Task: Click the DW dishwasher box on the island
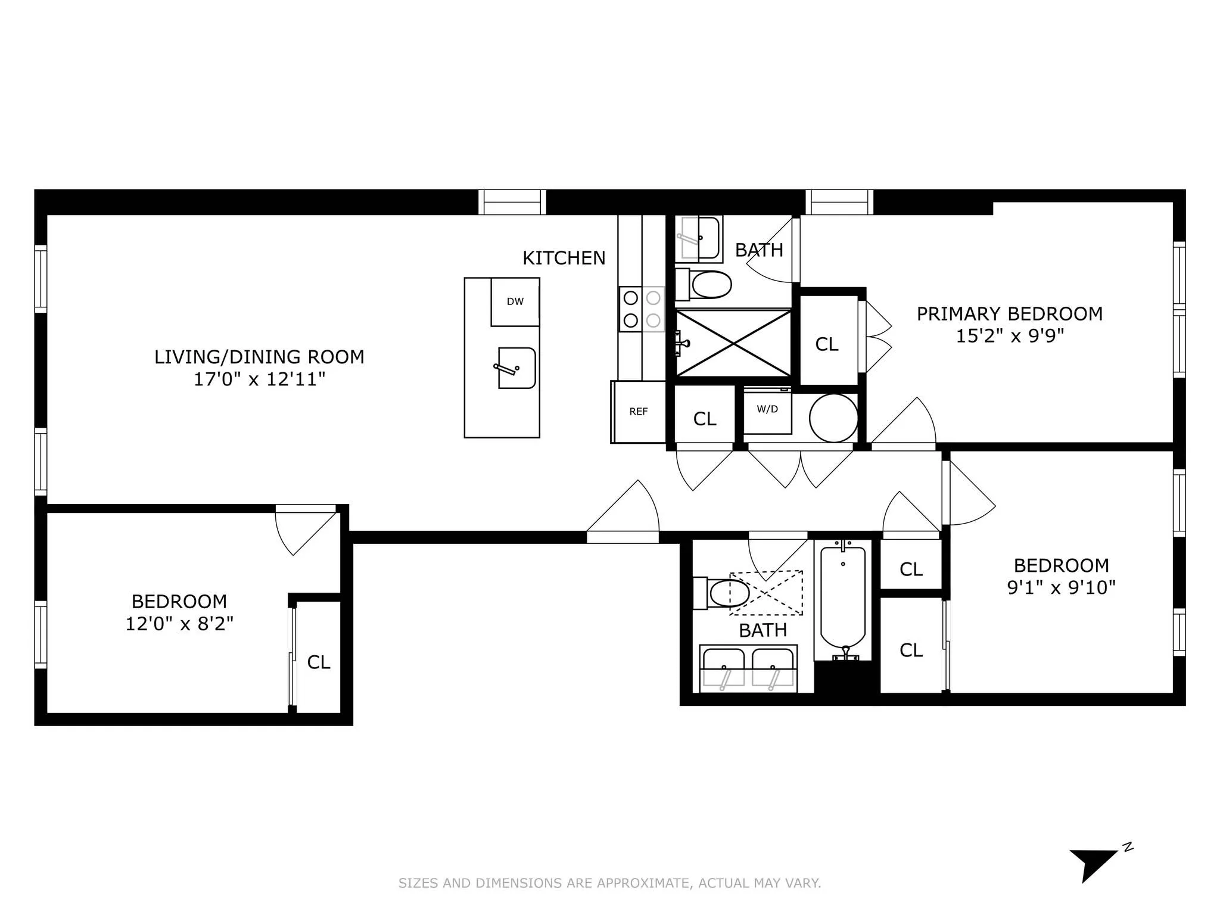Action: pyautogui.click(x=515, y=302)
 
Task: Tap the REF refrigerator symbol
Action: pyautogui.click(x=639, y=412)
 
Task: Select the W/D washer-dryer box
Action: pyautogui.click(x=767, y=410)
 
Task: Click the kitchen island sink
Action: pyautogui.click(x=516, y=368)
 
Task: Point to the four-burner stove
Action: pyautogui.click(x=642, y=309)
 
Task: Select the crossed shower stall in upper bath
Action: pyautogui.click(x=733, y=343)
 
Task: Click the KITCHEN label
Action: pyautogui.click(x=564, y=259)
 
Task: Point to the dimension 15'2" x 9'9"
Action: pyautogui.click(x=1010, y=336)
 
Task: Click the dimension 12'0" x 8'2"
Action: pyautogui.click(x=179, y=624)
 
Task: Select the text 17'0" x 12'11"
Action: pyautogui.click(x=259, y=379)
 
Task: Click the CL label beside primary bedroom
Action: pyautogui.click(x=827, y=344)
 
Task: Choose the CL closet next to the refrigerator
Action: pyautogui.click(x=705, y=419)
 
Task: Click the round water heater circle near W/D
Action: pyautogui.click(x=833, y=418)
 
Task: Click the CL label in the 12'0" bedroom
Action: pyautogui.click(x=318, y=662)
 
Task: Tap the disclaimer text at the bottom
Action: pyautogui.click(x=609, y=883)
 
